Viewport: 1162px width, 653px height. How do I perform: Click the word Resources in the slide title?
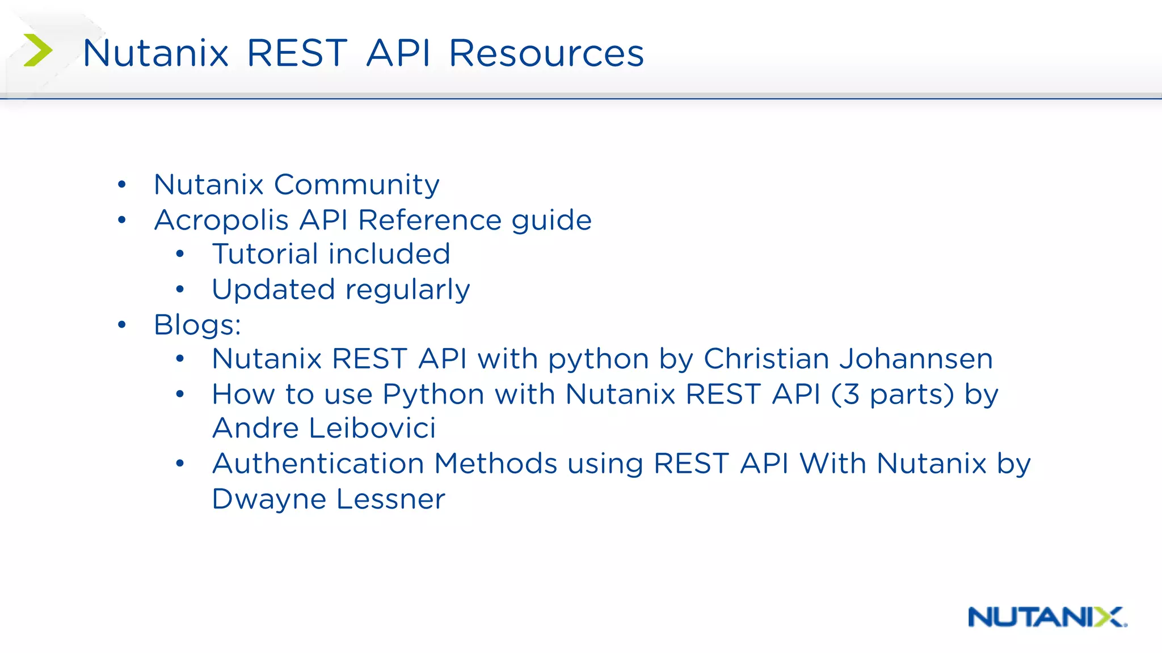546,53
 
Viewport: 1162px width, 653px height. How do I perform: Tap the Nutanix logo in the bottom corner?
1047,617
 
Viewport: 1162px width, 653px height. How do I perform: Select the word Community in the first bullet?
356,185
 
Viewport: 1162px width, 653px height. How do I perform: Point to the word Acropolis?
221,220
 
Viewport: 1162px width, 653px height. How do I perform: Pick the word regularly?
407,290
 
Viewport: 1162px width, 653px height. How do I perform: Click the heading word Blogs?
197,325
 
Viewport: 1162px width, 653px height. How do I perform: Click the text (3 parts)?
892,394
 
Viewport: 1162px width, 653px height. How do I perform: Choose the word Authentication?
318,464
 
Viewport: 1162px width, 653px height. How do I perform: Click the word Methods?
496,464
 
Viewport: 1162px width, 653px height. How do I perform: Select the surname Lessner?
390,499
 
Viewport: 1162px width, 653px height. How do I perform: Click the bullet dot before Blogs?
122,325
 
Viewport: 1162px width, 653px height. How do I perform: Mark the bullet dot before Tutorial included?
180,255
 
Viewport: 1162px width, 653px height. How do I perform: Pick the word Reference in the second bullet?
430,220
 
